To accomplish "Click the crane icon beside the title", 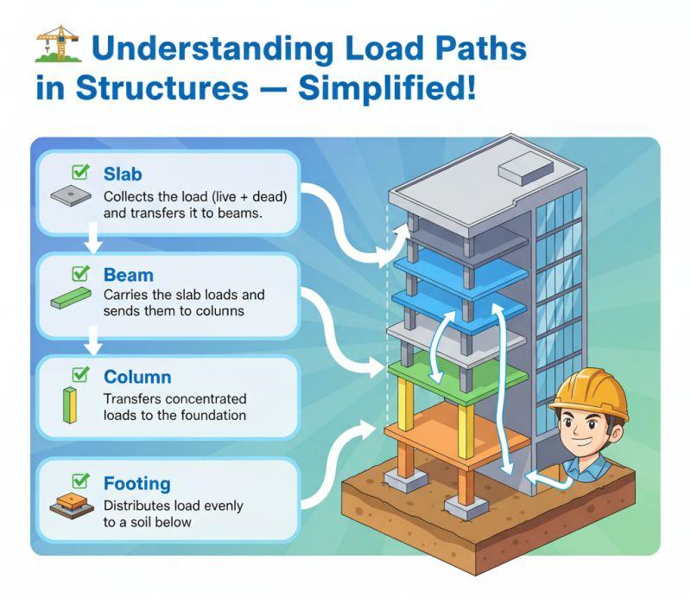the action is coord(59,44).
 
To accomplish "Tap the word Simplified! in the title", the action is coord(387,87).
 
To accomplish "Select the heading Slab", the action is coord(123,175).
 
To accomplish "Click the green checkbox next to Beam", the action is coord(80,273).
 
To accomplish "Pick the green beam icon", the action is coord(71,298).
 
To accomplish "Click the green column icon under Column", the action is coord(70,404).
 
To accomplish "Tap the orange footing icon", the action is coord(72,506).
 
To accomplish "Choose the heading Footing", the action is coord(137,484).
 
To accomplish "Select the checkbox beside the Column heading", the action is coord(80,374).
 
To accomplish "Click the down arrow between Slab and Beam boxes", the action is coord(92,238).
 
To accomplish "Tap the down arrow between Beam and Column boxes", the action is coord(92,340).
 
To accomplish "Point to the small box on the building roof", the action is coord(526,168).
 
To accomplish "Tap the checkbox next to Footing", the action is coord(80,480).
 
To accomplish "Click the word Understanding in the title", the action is coord(212,48).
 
